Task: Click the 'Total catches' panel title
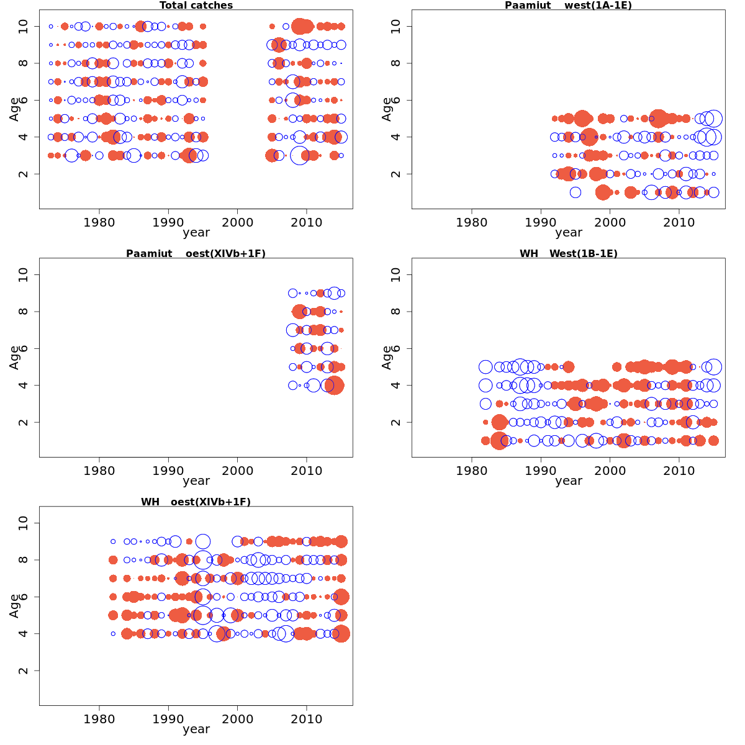pos(196,6)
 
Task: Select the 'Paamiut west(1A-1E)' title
pos(568,6)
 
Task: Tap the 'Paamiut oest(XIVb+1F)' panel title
pos(196,254)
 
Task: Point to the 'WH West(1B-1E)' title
pos(568,254)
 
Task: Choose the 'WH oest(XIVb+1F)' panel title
pos(196,502)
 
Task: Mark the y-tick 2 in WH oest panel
pos(24,670)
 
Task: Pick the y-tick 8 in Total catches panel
pos(24,63)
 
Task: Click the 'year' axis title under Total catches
pos(196,233)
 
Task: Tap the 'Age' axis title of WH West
pos(387,358)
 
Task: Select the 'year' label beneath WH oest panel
pos(196,729)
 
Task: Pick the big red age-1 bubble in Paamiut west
pos(603,192)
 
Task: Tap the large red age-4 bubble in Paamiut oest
pos(335,386)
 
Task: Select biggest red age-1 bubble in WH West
pos(499,441)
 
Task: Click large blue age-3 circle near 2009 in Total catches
pos(299,155)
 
